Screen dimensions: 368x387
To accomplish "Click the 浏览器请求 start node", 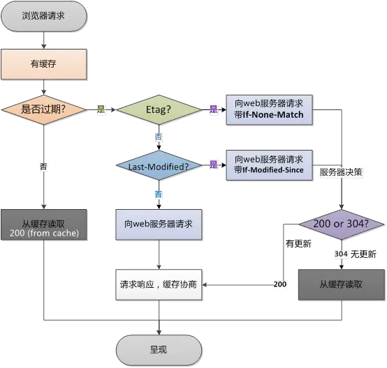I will point(44,15).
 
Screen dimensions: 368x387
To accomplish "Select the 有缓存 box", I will point(44,65).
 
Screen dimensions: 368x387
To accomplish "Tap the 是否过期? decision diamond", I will point(44,109).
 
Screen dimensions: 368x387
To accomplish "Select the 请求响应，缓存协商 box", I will point(159,284).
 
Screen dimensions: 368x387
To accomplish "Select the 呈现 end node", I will point(158,348).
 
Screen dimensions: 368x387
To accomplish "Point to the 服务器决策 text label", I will point(340,171).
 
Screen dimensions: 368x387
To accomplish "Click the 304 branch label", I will point(340,254).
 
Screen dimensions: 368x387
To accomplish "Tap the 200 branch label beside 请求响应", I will point(279,284).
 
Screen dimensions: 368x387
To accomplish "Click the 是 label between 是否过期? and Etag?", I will point(101,109).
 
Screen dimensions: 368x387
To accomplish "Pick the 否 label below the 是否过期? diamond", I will point(44,167).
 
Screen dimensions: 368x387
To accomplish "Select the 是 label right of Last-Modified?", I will point(213,165).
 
